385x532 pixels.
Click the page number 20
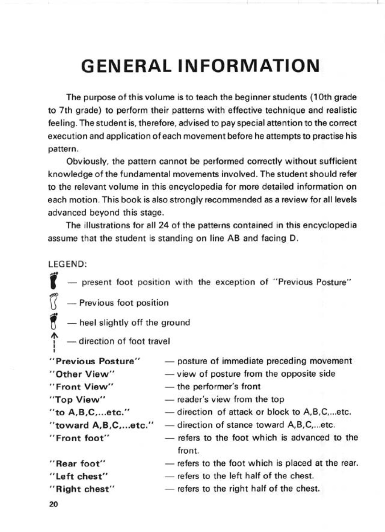click(x=54, y=505)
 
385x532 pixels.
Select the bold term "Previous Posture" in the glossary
click(x=95, y=361)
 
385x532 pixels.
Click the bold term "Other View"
click(x=82, y=374)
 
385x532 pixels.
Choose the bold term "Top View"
click(x=78, y=399)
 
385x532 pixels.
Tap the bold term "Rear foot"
click(x=78, y=464)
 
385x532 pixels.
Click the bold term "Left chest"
click(x=79, y=476)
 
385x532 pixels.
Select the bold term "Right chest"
click(x=83, y=489)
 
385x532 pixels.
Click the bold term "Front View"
click(x=82, y=387)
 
